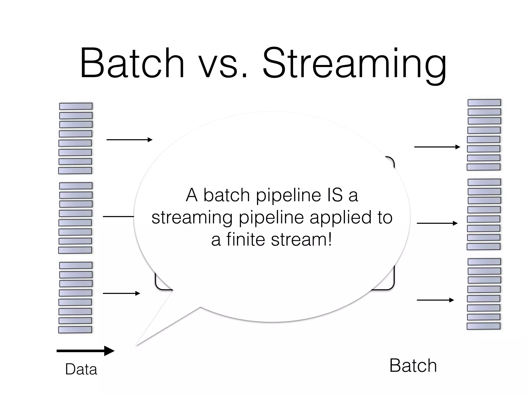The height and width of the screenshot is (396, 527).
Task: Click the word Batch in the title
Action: point(132,63)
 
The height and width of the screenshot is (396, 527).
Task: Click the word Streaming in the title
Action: point(354,64)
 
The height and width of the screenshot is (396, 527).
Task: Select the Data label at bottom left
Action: point(81,369)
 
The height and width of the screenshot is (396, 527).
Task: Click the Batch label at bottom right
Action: point(413,366)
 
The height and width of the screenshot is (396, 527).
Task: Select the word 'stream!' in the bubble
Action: point(302,240)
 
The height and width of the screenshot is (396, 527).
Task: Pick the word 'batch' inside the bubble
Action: point(227,195)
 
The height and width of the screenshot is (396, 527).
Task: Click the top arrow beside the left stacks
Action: point(129,140)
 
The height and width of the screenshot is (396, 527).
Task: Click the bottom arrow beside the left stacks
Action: point(121,293)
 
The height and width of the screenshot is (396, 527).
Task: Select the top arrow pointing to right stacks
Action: point(437,147)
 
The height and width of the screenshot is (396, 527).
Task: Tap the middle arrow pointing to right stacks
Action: point(437,223)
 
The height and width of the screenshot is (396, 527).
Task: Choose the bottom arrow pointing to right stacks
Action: point(435,300)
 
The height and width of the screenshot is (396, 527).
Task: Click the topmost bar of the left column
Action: point(76,106)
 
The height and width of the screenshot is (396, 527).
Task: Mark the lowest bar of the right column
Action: point(484,326)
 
